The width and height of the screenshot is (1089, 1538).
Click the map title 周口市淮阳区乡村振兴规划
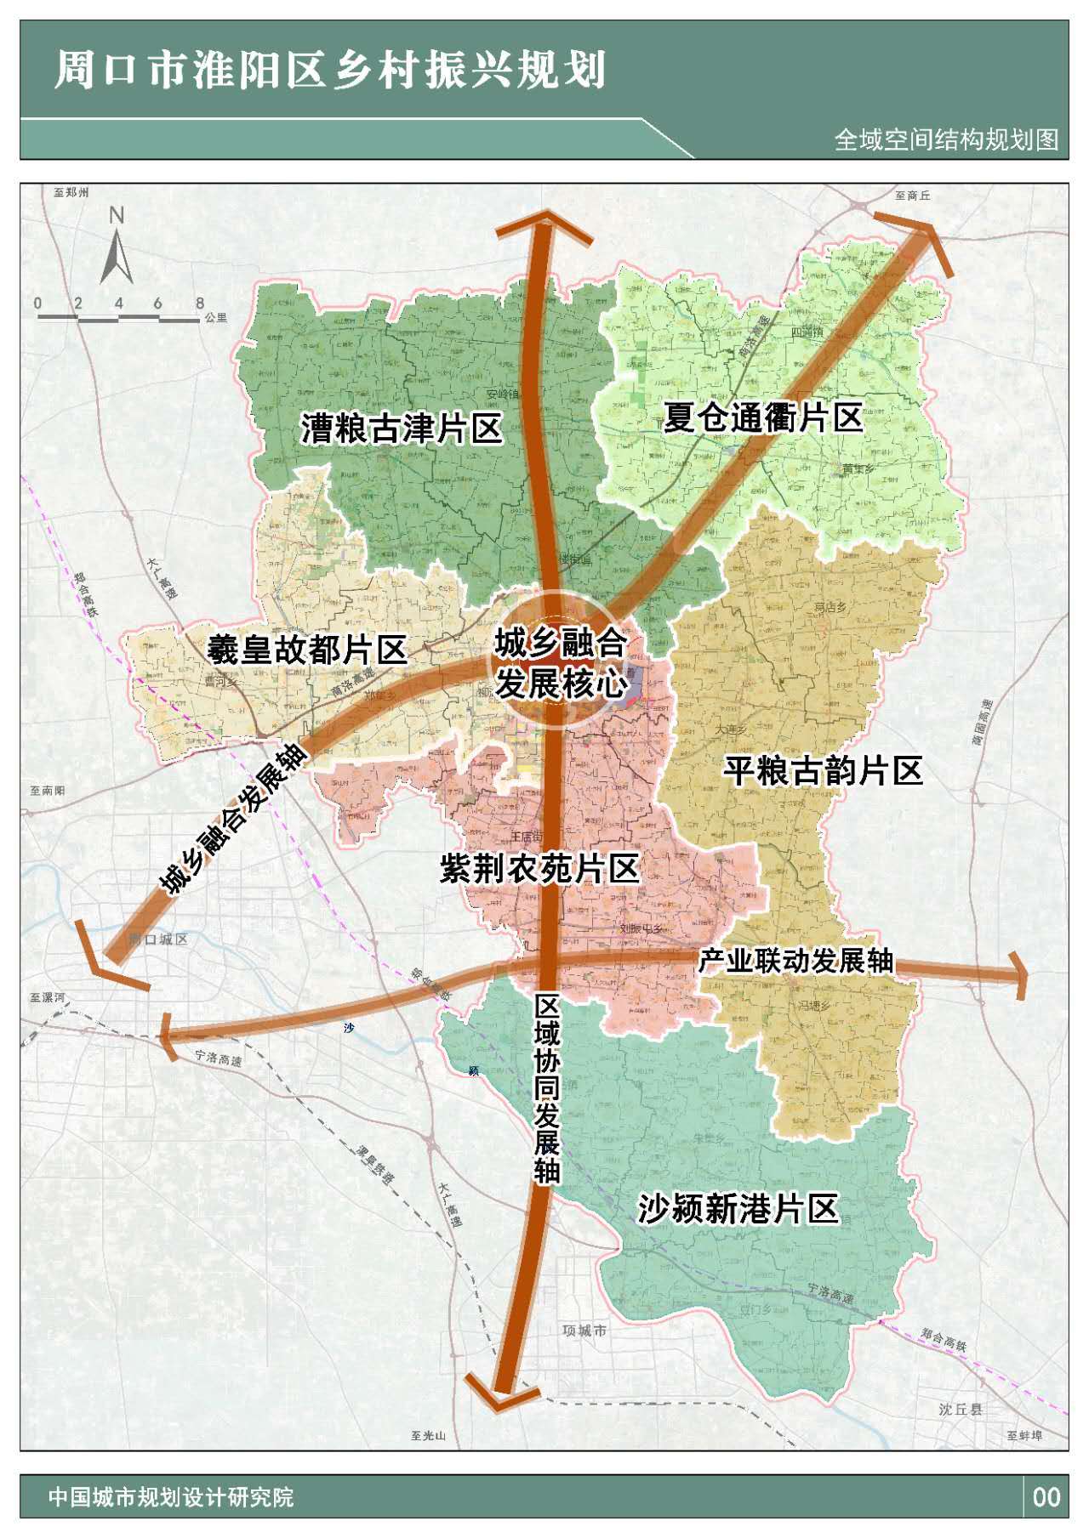(330, 70)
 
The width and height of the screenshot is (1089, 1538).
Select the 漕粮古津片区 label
(402, 428)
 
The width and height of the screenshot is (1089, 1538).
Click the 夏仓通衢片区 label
(763, 417)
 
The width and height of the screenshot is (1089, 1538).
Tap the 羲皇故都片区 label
(307, 650)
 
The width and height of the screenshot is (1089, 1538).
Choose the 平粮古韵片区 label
(823, 771)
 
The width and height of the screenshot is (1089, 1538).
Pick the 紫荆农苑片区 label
(539, 869)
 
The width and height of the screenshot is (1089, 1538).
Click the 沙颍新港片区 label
(738, 1208)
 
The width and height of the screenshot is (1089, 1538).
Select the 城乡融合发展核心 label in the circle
(561, 663)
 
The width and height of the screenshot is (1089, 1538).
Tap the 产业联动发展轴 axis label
(795, 961)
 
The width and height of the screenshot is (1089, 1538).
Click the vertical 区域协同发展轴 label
(547, 1089)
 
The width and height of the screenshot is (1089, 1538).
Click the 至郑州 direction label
(71, 193)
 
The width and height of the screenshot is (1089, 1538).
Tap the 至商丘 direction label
(912, 196)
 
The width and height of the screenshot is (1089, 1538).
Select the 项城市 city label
(584, 1331)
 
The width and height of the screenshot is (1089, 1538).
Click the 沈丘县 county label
(961, 1410)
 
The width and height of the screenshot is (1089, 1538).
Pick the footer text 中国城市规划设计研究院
(171, 1497)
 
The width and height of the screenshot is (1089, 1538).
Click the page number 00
(1046, 1497)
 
